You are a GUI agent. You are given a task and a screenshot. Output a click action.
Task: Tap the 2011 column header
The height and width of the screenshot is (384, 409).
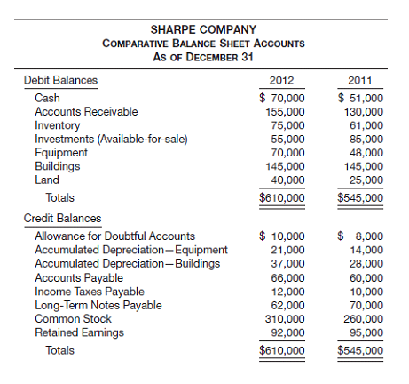click(361, 80)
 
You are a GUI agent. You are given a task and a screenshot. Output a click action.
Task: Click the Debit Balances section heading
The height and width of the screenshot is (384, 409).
click(60, 80)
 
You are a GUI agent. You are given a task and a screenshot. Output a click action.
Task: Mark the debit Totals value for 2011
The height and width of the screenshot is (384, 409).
click(360, 197)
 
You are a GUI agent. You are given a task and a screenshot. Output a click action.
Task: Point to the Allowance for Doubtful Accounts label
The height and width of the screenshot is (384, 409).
click(114, 236)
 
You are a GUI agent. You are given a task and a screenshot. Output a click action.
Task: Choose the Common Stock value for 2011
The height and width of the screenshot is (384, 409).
click(363, 318)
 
